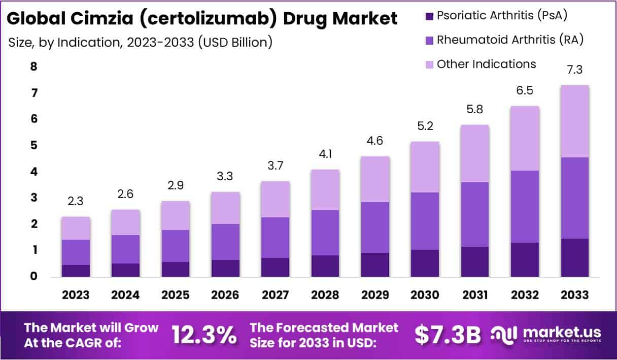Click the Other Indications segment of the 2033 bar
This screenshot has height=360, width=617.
click(x=574, y=121)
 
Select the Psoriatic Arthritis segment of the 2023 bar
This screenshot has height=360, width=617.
click(x=76, y=271)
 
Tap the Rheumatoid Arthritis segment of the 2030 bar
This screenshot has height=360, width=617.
click(x=425, y=221)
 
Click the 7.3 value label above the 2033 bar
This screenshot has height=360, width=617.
click(x=574, y=71)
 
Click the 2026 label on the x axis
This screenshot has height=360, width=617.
click(x=225, y=295)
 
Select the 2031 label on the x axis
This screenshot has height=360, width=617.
click(x=474, y=295)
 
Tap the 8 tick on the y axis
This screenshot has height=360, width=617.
click(x=33, y=67)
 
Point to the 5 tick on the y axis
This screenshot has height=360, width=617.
click(x=33, y=146)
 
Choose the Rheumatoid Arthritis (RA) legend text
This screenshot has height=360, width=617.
click(x=510, y=40)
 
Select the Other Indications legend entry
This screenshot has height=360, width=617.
click(x=486, y=64)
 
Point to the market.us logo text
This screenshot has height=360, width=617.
click(x=562, y=333)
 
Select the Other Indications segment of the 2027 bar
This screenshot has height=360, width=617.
click(x=275, y=199)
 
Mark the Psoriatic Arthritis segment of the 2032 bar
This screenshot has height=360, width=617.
click(x=524, y=259)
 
